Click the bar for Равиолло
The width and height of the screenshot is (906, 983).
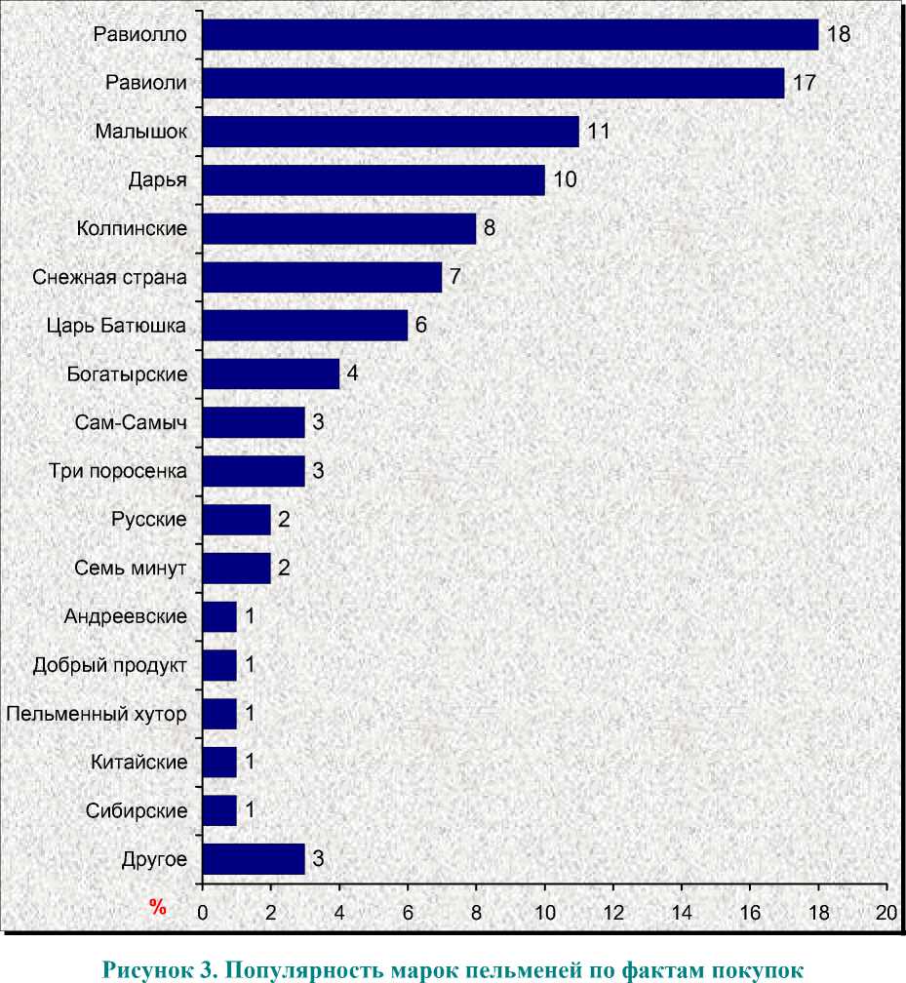click(x=510, y=35)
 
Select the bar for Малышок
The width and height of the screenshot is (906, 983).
click(x=390, y=132)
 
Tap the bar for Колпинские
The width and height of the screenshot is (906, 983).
click(x=339, y=229)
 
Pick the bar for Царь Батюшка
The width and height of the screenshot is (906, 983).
click(x=305, y=326)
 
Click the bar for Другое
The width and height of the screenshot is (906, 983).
click(x=254, y=859)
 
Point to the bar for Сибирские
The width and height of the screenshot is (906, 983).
click(x=219, y=810)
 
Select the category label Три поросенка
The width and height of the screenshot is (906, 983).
click(x=118, y=472)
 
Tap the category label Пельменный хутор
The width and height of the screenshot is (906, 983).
click(x=96, y=714)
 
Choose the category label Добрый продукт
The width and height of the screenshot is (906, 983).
click(x=109, y=666)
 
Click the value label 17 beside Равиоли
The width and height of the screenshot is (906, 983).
click(x=804, y=83)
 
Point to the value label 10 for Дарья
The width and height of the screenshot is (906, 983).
click(x=565, y=180)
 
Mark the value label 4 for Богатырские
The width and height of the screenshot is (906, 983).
click(x=352, y=374)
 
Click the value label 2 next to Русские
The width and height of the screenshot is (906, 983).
click(x=284, y=520)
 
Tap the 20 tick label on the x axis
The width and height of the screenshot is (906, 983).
click(x=886, y=913)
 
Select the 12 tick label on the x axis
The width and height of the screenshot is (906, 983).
click(x=612, y=913)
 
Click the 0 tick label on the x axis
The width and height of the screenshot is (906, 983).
click(x=203, y=913)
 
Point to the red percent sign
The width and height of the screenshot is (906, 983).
click(x=158, y=908)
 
